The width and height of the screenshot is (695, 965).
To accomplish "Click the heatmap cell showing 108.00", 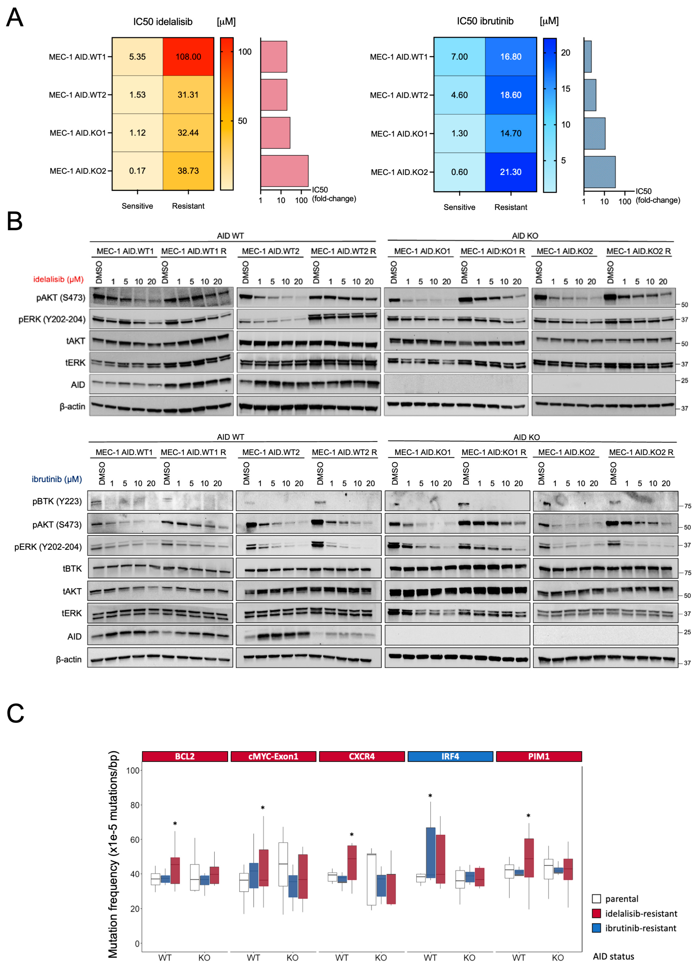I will tap(188, 57).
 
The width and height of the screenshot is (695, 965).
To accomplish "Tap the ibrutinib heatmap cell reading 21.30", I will tap(510, 172).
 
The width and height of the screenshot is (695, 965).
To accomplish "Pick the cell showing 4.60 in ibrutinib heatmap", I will tap(459, 95).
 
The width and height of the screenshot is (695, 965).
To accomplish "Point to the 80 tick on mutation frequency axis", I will tap(134, 805).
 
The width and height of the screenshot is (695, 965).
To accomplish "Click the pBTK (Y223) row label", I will tap(57, 501).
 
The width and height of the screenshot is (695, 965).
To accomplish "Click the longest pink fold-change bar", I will tap(284, 171).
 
